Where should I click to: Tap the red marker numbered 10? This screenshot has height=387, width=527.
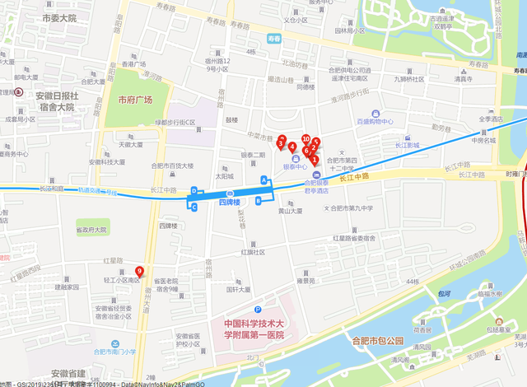306,140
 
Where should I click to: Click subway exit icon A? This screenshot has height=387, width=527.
264,180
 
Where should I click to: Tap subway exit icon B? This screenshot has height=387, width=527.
259,199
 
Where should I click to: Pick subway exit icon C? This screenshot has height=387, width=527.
194,208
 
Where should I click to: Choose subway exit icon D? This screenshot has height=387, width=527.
194,191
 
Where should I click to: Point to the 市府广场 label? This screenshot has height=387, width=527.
136,100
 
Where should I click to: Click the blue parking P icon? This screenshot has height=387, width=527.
257,308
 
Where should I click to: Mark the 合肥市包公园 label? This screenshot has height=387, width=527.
378,340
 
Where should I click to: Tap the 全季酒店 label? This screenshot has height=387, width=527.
492,119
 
